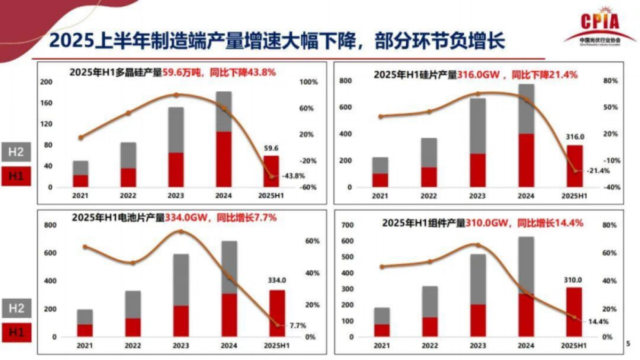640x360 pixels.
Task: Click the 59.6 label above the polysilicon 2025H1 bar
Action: [x=270, y=149]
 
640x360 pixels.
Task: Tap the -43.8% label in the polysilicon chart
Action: [x=292, y=175]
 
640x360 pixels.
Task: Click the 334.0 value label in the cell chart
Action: [x=277, y=280]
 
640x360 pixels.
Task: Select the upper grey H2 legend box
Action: [x=15, y=152]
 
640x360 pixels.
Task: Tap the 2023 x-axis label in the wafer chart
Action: [x=477, y=196]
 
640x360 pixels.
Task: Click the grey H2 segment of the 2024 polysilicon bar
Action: [x=224, y=111]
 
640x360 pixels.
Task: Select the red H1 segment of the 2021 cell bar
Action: [x=85, y=330]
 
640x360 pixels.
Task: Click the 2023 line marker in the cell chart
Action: [x=181, y=231]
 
